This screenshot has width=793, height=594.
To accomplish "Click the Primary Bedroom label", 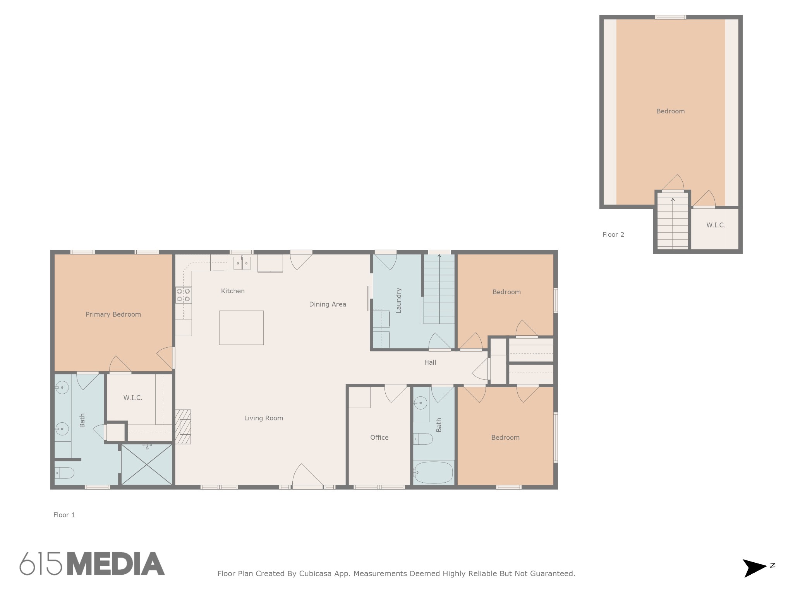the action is pos(113,314).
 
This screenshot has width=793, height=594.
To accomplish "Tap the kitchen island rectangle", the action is pos(241,328).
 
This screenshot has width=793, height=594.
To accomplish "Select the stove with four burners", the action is pos(184,295).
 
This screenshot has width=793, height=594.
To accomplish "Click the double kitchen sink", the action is pos(242,263).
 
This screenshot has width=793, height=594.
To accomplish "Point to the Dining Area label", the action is pos(328,304).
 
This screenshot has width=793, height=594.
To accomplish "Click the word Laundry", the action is pos(399,300).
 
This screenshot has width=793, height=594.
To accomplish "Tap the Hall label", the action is pos(430,362).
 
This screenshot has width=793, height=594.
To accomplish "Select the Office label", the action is pos(379,437).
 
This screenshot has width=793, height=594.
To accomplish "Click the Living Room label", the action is pos(264,418).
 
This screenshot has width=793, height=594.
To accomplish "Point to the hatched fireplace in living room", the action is pos(183,427).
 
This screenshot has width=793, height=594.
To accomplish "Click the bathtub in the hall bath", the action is pos(433,472).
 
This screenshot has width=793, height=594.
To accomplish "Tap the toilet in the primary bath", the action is pos(64,473).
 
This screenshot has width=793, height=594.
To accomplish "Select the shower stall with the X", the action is pos(147,464).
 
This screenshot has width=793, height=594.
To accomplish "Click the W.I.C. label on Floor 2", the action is pos(716,225).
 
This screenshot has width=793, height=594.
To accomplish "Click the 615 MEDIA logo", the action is pos(92,563).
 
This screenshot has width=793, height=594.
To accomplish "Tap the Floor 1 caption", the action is pos(64,515).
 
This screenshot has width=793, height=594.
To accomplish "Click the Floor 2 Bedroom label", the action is pos(671,111).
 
